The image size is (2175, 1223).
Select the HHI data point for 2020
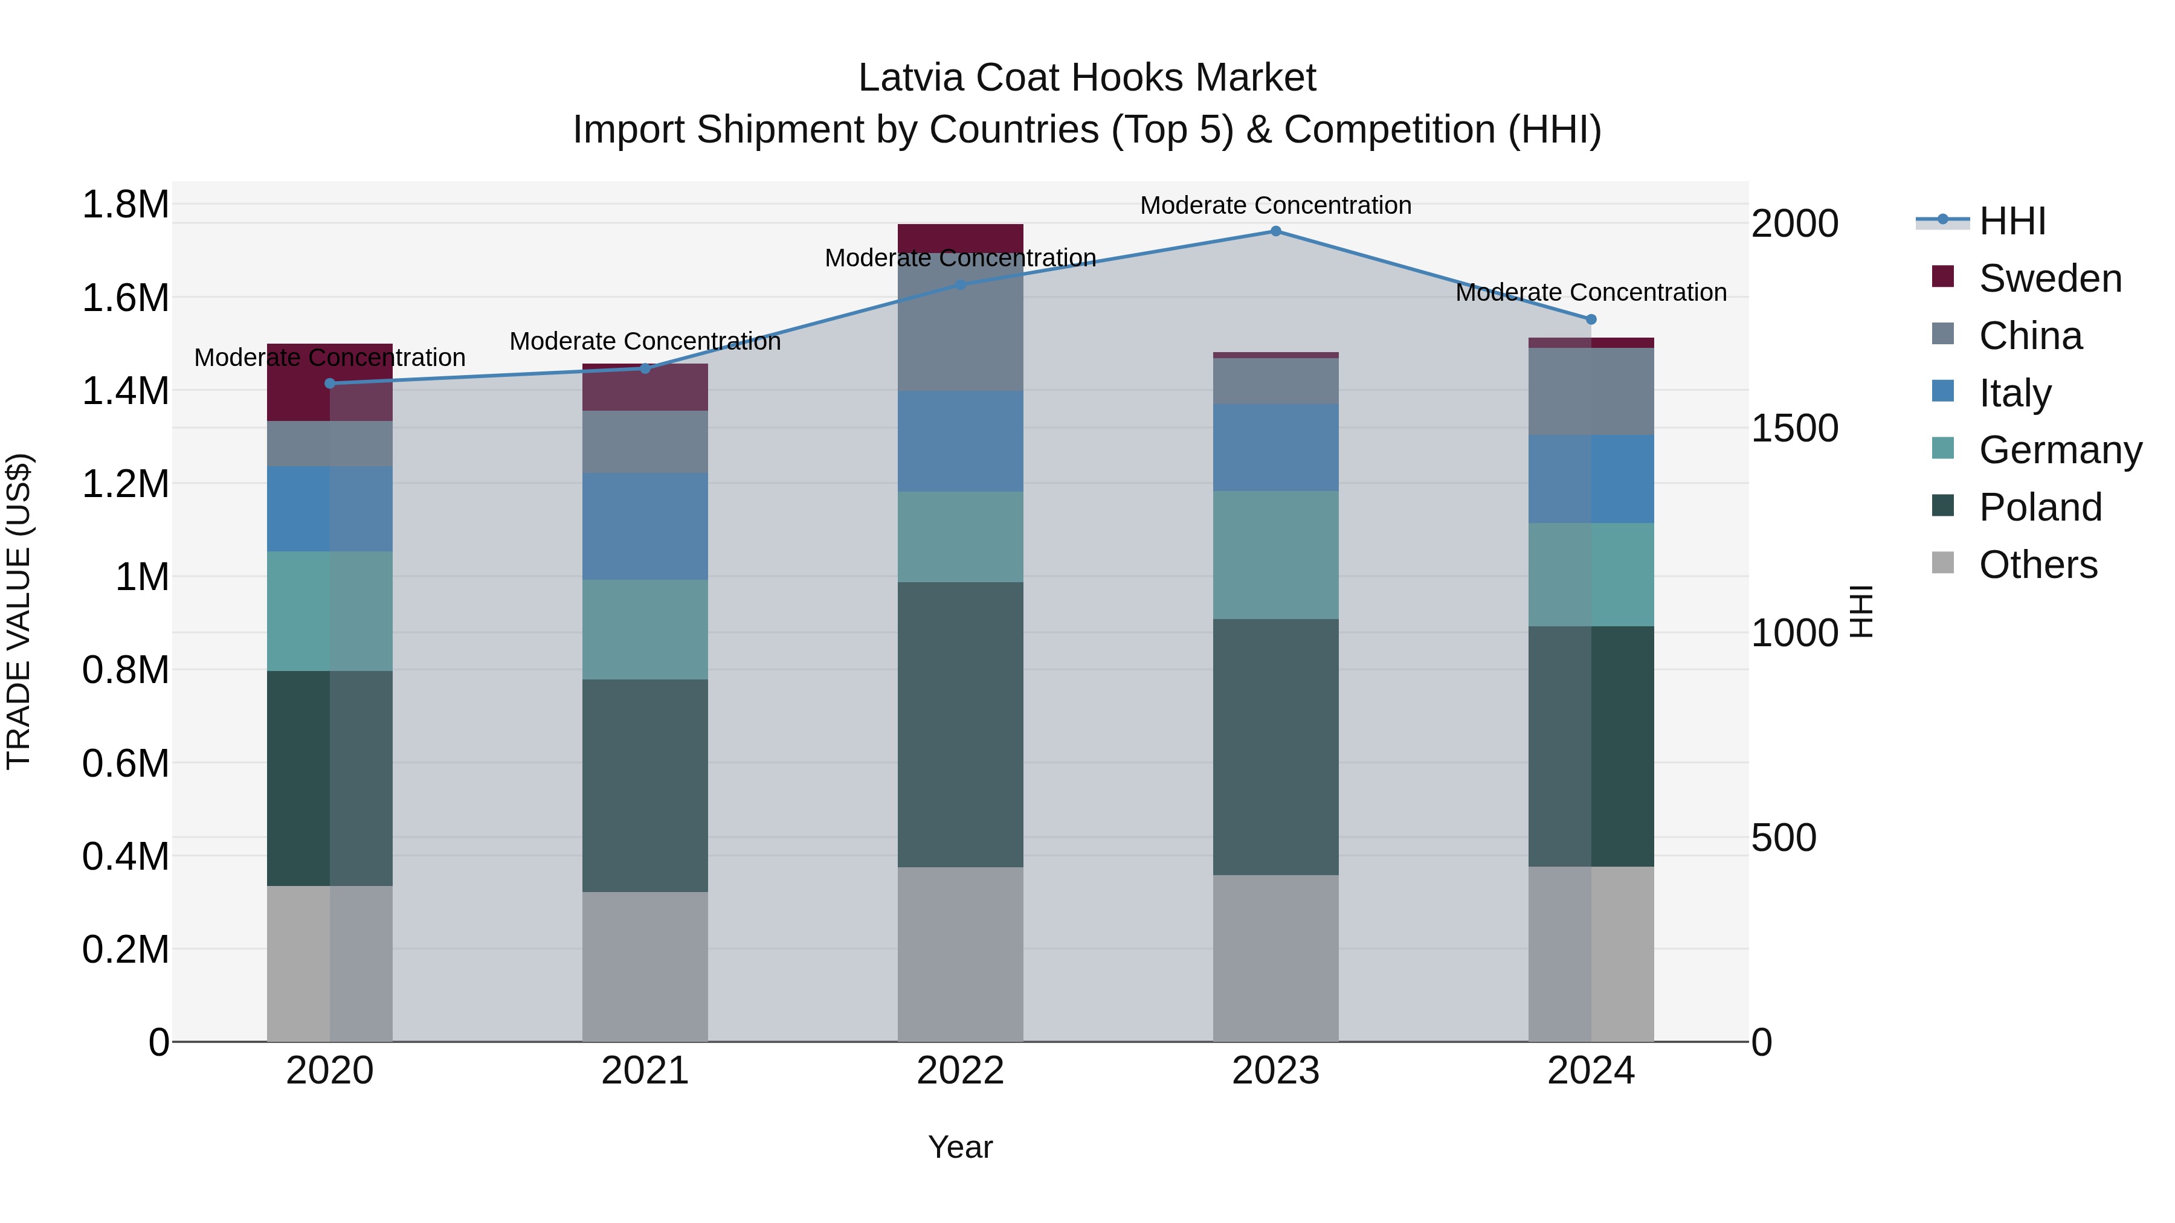(x=330, y=383)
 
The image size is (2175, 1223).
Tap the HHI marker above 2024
(x=1591, y=319)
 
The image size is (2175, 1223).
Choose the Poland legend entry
(x=2039, y=507)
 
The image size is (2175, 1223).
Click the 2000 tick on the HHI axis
(x=1794, y=223)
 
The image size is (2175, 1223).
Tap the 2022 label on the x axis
(x=960, y=1071)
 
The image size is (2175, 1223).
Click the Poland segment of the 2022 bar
(x=960, y=724)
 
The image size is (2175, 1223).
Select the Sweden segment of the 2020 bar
(x=330, y=382)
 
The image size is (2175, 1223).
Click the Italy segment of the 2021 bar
(x=645, y=526)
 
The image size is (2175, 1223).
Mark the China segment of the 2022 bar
(x=960, y=325)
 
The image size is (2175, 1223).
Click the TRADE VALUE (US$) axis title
(x=19, y=611)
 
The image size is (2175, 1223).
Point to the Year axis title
(x=960, y=1147)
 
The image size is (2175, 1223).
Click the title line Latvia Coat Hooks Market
(x=1087, y=78)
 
